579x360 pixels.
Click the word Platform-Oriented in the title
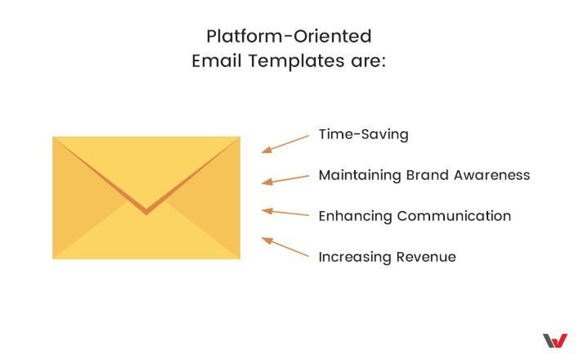[x=289, y=36]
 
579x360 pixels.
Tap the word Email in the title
[x=217, y=61]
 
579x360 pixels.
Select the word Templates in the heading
[x=296, y=61]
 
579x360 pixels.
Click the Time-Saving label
[x=364, y=134]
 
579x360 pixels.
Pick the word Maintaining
[x=360, y=176]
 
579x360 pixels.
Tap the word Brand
[x=427, y=175]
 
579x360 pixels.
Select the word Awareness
[x=491, y=175]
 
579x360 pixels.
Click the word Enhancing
[x=355, y=216]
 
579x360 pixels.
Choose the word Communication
[x=454, y=216]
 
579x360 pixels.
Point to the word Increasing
[x=354, y=257]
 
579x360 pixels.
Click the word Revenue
[x=426, y=257]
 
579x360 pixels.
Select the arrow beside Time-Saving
[x=285, y=144]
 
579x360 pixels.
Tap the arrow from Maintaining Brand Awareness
[x=285, y=180]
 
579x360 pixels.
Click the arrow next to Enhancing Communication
[x=285, y=212]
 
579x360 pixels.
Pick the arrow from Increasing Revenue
[x=285, y=246]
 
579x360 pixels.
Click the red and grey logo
[x=554, y=341]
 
